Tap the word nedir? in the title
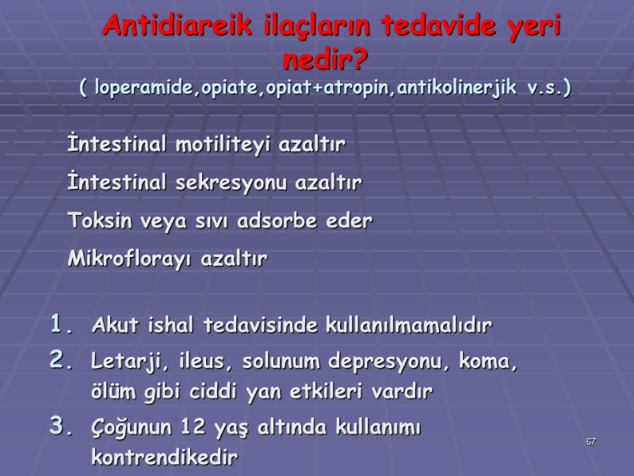(x=328, y=60)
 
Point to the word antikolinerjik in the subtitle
(x=458, y=87)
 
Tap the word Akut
(x=114, y=325)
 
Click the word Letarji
(x=120, y=363)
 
